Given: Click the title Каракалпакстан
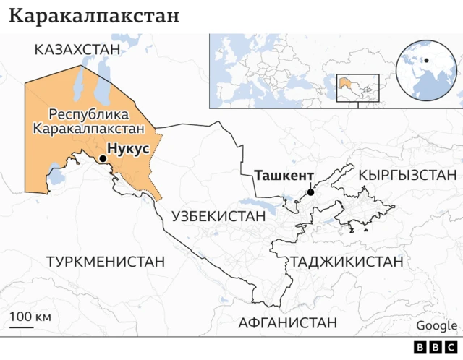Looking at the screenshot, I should pos(95,16).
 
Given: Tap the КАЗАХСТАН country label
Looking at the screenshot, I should pos(76,48).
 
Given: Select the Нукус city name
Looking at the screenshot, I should pos(128,147).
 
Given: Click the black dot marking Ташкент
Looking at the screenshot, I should pos(310,192).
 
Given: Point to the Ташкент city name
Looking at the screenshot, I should pos(283,176).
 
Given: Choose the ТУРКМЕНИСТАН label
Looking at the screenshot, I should pos(106,260).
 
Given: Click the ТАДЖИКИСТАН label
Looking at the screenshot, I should pos(347,262).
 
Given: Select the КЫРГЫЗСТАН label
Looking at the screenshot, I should pos(407,175).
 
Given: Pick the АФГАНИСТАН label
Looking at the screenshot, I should pos(288,322).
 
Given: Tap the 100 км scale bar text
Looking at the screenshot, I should pos(30,317).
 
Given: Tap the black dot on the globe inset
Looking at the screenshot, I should pos(426,60).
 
